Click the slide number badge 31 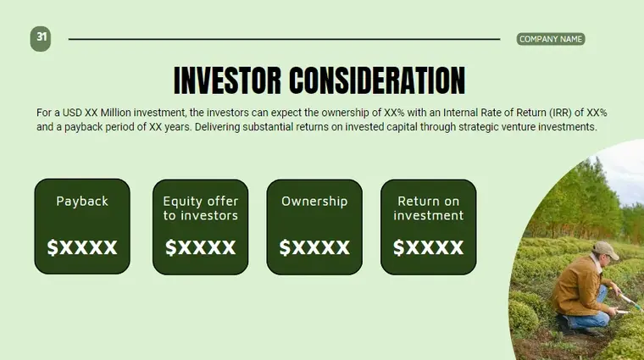tap(42, 37)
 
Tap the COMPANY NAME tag tap(550, 39)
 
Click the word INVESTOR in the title tap(226, 81)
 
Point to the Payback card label tap(82, 202)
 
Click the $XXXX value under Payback tap(82, 247)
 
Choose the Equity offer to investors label tap(201, 208)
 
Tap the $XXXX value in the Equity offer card tap(201, 247)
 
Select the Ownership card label tap(314, 202)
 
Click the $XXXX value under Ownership tap(314, 247)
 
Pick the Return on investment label tap(428, 208)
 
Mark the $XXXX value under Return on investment tap(428, 247)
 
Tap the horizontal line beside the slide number tap(284, 39)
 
